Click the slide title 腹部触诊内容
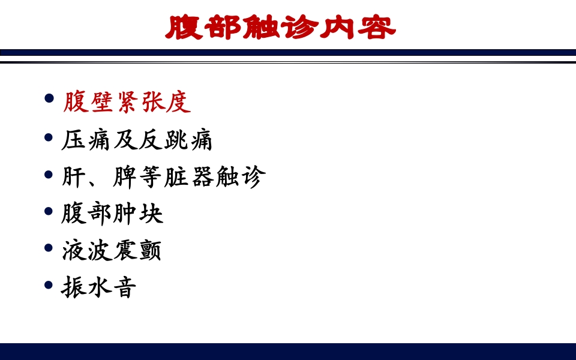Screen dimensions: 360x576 [x=281, y=27]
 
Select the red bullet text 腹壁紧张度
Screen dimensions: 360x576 [x=127, y=103]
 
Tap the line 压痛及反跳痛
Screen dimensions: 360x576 [x=137, y=140]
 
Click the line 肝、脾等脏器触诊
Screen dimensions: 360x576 [x=163, y=177]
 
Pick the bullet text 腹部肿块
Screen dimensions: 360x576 [x=112, y=214]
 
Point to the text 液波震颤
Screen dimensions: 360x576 [x=112, y=251]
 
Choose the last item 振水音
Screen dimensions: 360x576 [x=99, y=287]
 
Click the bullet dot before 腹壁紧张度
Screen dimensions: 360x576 [x=49, y=98]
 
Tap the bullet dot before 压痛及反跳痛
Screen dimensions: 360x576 [x=49, y=137]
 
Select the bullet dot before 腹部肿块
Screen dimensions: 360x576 [x=49, y=211]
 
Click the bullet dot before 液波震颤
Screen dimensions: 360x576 [x=49, y=248]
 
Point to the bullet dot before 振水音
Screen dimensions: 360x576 [x=49, y=284]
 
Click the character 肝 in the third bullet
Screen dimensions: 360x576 [x=74, y=177]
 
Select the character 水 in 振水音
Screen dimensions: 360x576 [x=99, y=287]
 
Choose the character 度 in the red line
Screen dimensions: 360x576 [x=178, y=103]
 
